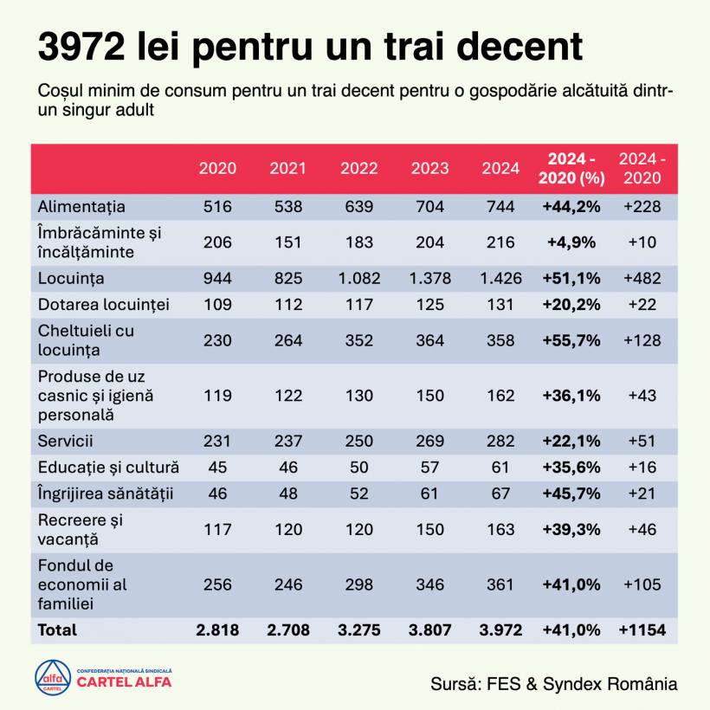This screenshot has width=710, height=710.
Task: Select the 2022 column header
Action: click(358, 168)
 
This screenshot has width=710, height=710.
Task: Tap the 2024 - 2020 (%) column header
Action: click(571, 168)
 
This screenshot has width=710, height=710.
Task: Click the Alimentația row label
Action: click(81, 207)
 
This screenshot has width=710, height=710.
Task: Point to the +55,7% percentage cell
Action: click(571, 340)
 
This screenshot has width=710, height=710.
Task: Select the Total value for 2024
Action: click(500, 629)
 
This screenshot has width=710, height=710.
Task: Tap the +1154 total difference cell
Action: click(642, 629)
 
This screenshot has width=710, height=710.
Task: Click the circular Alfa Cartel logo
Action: click(52, 678)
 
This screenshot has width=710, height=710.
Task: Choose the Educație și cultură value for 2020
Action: click(216, 468)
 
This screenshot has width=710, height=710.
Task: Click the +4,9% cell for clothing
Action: click(571, 242)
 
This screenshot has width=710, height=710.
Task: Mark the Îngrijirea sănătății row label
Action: click(106, 494)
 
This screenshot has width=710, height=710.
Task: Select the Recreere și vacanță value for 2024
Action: click(500, 528)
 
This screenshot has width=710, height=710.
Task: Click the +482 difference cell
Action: click(642, 278)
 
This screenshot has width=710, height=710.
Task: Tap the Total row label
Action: click(57, 629)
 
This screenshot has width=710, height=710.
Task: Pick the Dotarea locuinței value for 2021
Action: click(287, 304)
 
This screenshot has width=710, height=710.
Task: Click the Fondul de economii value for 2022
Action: click(358, 584)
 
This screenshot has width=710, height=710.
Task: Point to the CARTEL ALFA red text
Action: click(124, 682)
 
